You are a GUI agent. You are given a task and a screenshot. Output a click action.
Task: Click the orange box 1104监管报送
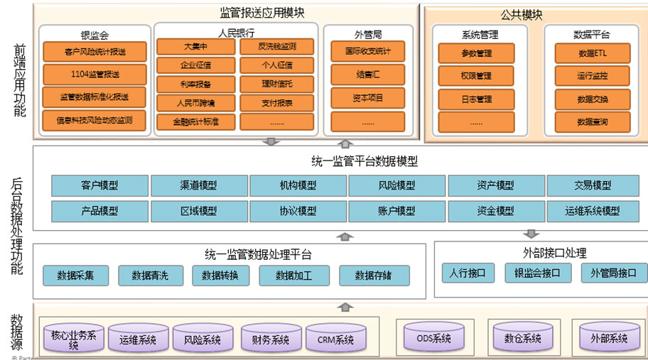(94, 73)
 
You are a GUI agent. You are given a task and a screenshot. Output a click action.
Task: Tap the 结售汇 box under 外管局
(367, 73)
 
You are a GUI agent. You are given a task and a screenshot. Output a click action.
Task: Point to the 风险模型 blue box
(396, 186)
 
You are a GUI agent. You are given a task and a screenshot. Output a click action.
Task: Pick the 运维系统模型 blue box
(593, 211)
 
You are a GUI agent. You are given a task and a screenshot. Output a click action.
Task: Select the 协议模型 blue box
(298, 211)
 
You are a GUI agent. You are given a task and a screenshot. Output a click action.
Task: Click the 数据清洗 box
(151, 276)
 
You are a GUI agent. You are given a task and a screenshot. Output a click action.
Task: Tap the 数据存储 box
(374, 276)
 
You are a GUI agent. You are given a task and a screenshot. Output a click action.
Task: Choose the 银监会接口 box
(538, 273)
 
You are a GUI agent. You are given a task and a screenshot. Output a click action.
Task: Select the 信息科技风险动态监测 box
(94, 121)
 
